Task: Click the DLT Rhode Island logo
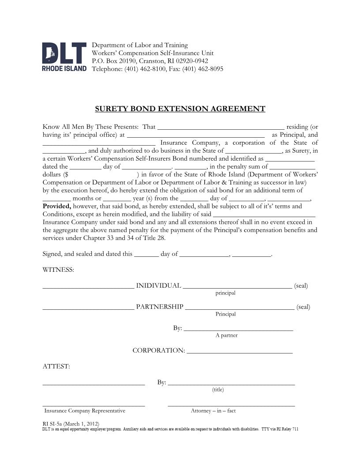64,57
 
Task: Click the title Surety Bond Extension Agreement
180,109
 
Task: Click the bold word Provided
56,206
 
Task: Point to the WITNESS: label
58,270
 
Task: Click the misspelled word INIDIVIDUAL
158,286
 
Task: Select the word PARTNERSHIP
159,307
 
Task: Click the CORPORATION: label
159,350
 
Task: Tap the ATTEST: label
56,366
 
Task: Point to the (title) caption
218,389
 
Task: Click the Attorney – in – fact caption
213,411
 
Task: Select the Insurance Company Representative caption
85,411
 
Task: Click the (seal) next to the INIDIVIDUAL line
301,286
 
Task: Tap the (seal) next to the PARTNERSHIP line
303,307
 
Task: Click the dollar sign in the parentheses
66,174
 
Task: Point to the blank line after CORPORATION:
240,352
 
